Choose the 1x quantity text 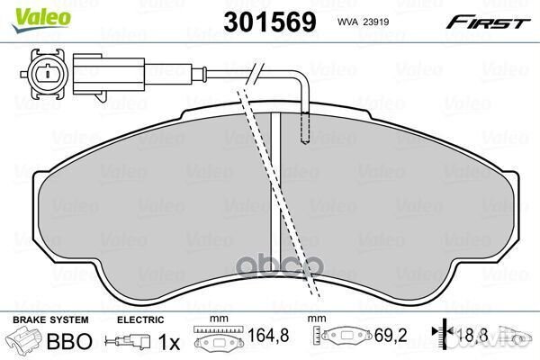click(169, 342)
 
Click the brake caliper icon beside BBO click(24, 341)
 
